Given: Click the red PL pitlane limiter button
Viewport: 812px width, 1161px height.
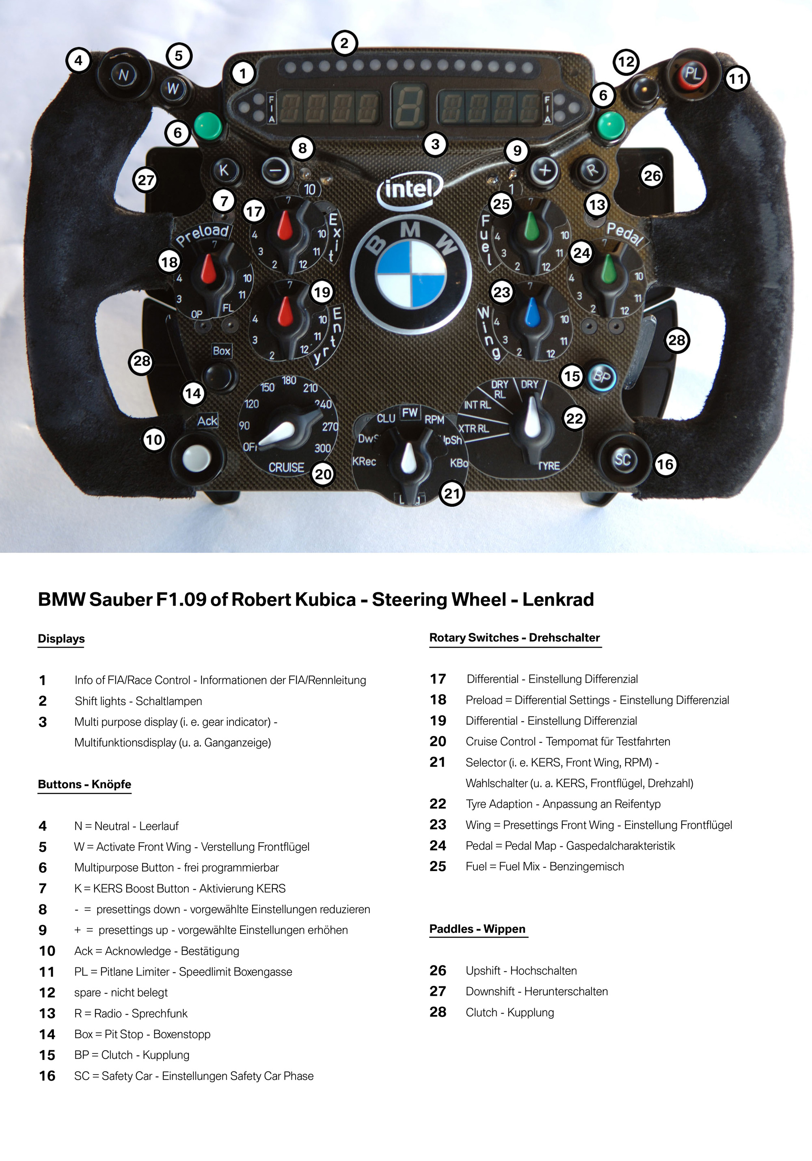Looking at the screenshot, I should pos(692,74).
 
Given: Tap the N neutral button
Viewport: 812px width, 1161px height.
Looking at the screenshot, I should pos(123,76).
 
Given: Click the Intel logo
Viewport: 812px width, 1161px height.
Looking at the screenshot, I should pos(410,190).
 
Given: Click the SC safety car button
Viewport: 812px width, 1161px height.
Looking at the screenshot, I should pos(622,459).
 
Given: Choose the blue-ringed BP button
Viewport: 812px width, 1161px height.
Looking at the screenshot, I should pos(602,377).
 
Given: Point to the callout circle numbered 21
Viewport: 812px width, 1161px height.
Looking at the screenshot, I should pos(451,493).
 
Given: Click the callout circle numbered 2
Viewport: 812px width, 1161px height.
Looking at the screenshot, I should pos(344,43).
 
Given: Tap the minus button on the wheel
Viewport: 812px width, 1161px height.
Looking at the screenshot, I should pos(276,171).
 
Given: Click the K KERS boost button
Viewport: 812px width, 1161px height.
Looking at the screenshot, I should pos(224,170).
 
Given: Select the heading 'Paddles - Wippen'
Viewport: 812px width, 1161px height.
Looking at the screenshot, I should pos(477,929).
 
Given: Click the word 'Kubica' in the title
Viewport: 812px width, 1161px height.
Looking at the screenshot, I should pos(326,600).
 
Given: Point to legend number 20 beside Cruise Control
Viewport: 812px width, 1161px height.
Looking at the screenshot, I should pos(438,741).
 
